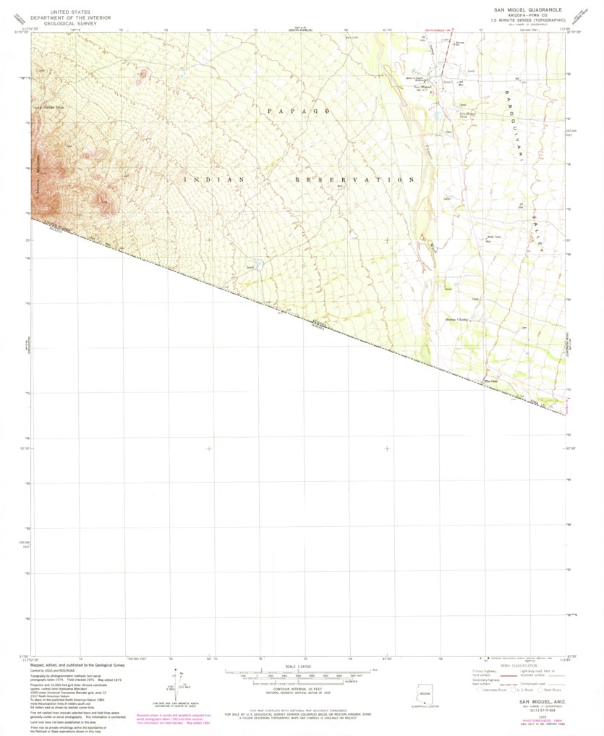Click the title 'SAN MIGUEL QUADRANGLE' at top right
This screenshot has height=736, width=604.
coord(528,10)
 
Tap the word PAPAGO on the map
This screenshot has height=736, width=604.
coord(299,111)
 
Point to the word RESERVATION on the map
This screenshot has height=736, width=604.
coord(355,179)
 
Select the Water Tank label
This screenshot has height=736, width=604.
coord(493,237)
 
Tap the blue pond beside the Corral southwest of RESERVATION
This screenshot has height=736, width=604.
coord(258,266)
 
